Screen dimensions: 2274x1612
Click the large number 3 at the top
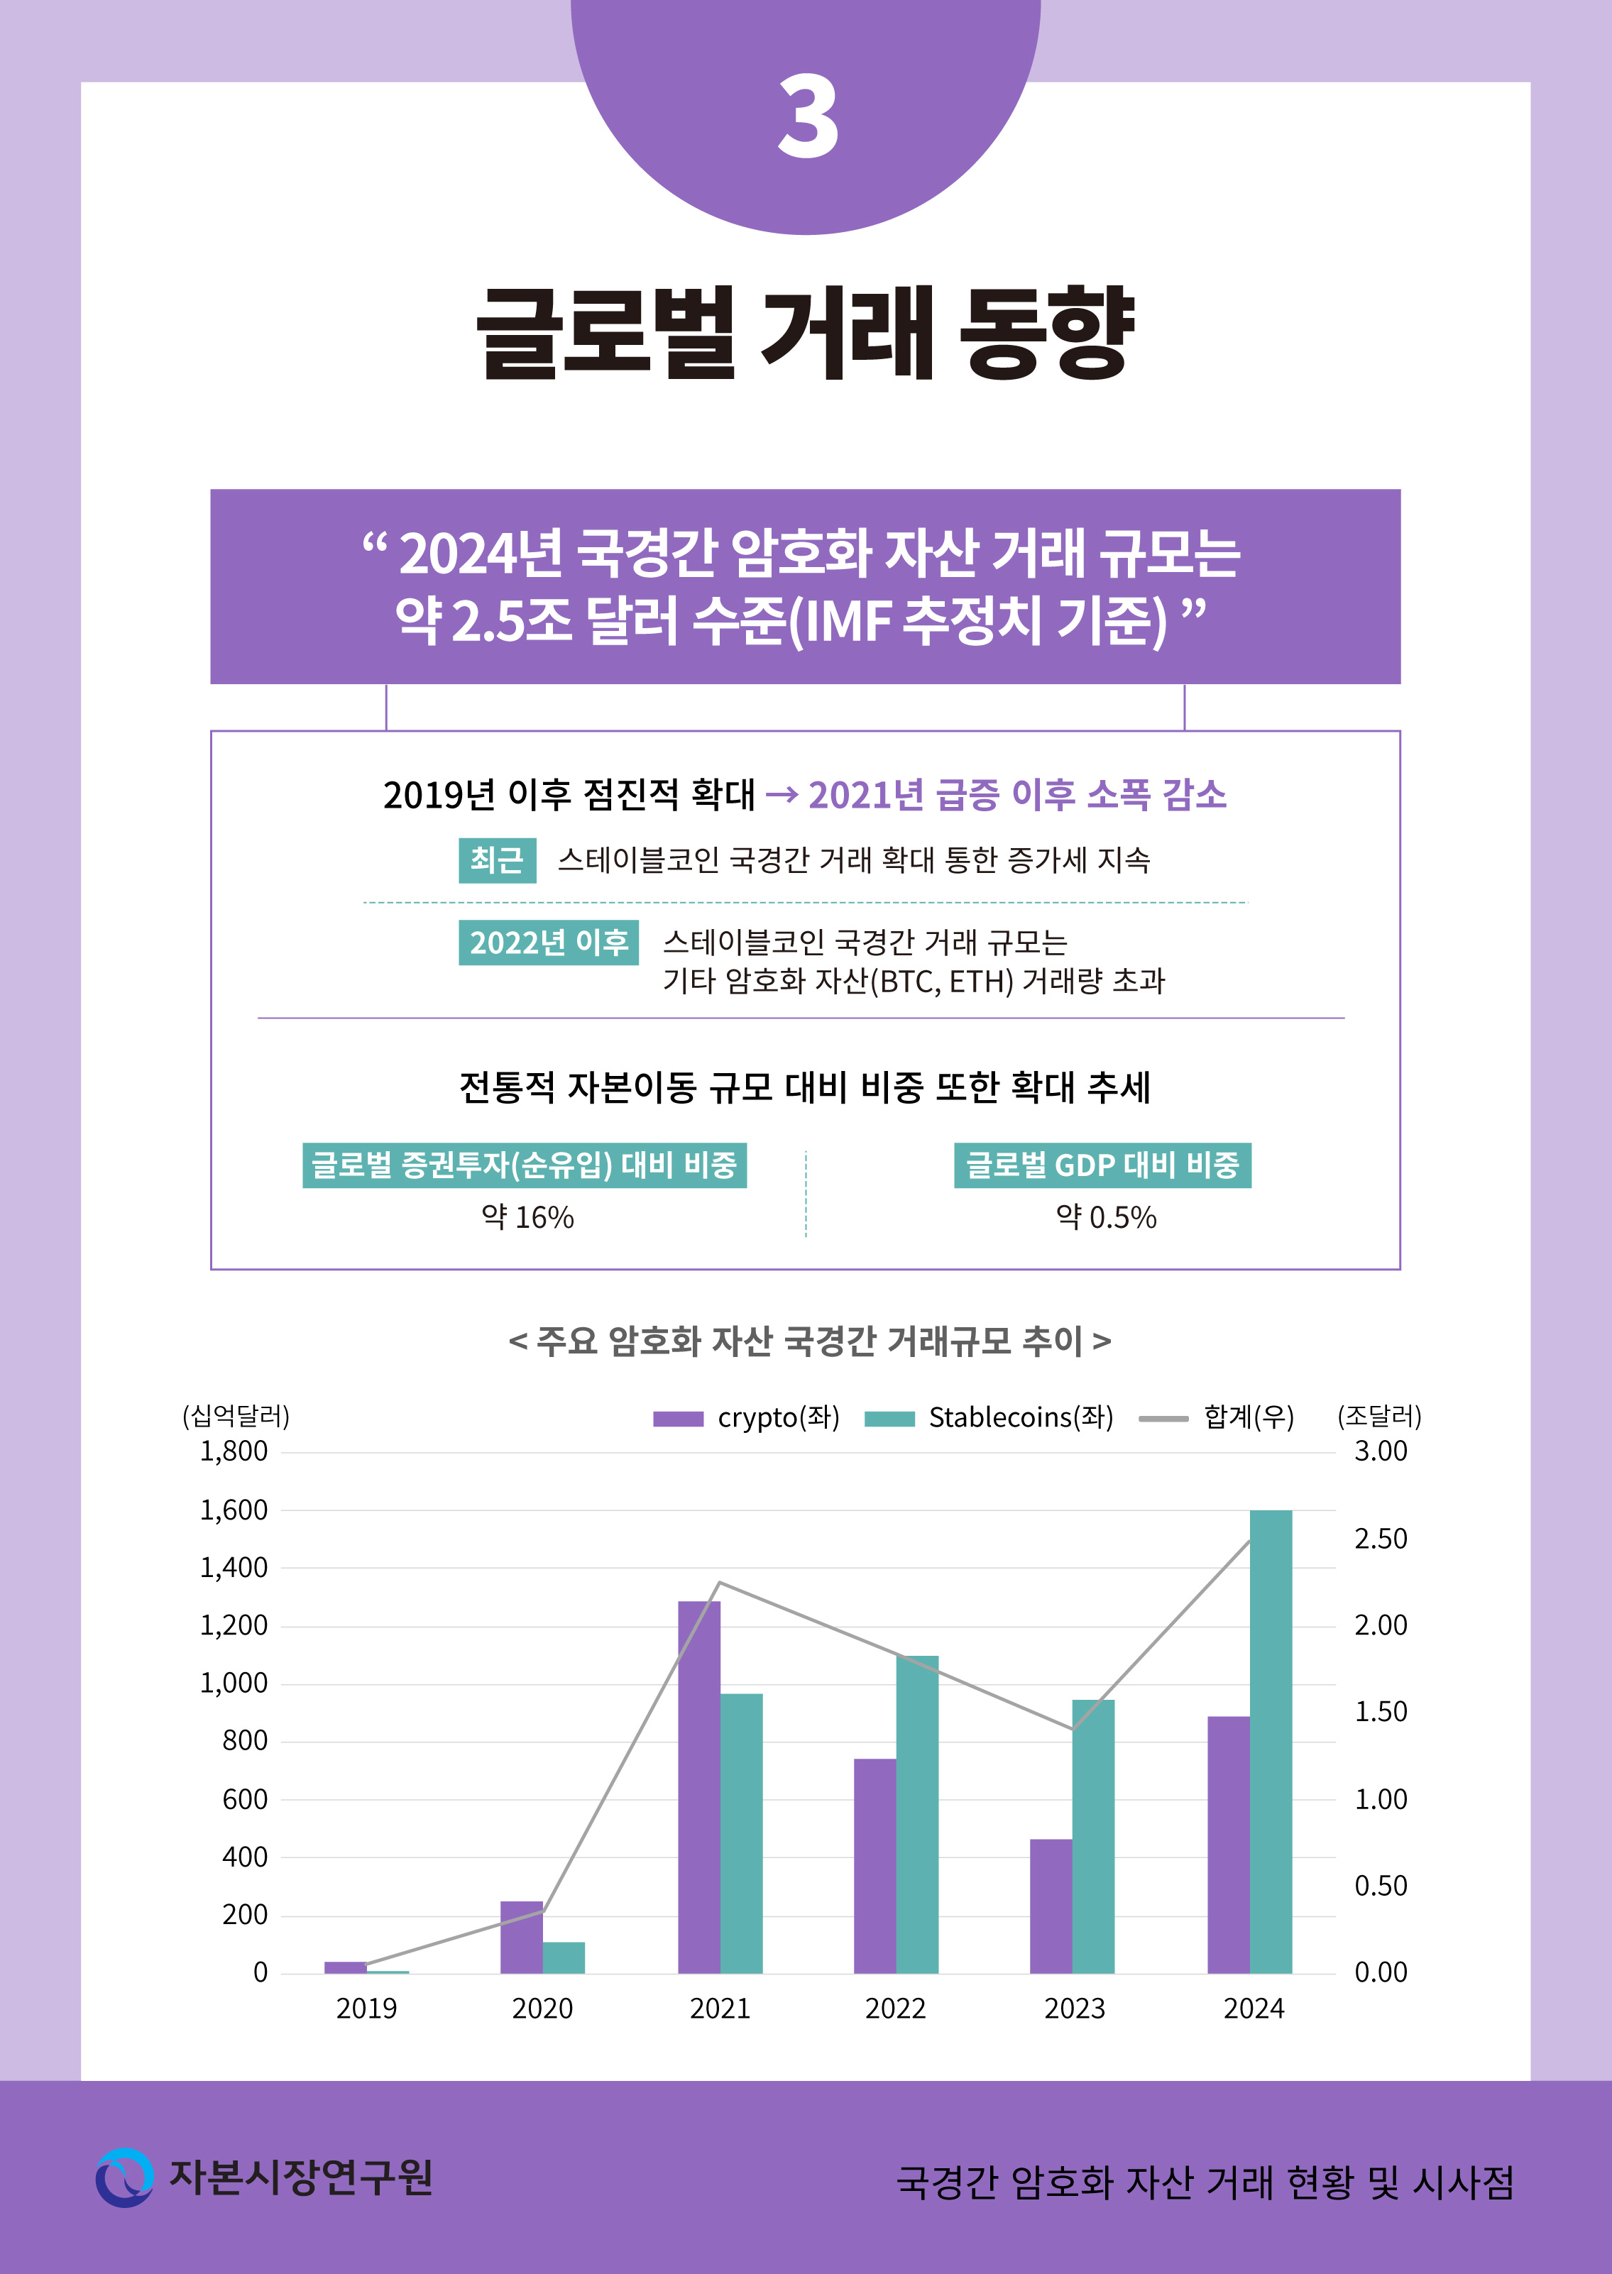tap(807, 118)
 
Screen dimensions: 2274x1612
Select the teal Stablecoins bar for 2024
tap(1271, 1741)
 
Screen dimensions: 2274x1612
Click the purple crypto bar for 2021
tap(698, 1786)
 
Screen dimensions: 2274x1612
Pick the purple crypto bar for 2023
tap(1051, 1906)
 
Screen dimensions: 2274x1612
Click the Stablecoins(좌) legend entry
tap(989, 1417)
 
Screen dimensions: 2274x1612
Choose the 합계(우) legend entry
tap(1217, 1417)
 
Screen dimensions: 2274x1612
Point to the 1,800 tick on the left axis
tap(234, 1451)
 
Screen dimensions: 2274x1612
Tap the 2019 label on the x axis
tap(366, 2008)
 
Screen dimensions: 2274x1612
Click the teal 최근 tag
tap(496, 859)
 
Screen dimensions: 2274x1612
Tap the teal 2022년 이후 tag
tap(548, 942)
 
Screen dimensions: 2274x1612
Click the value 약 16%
tap(527, 1217)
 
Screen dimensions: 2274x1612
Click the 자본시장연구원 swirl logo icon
tap(124, 2177)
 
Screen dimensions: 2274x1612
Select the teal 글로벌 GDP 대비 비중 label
tap(1102, 1164)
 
